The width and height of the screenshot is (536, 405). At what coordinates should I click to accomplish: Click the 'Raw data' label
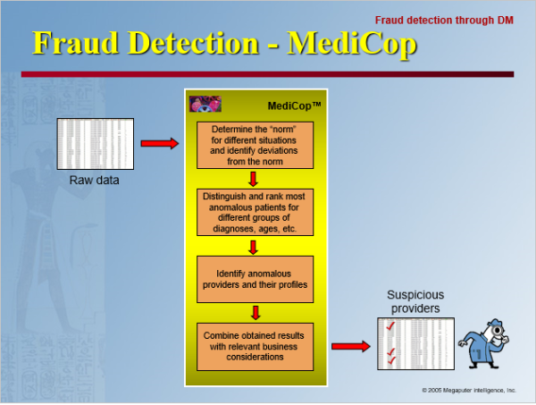click(x=94, y=181)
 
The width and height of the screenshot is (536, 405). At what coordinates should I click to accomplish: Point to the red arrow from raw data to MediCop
click(x=159, y=143)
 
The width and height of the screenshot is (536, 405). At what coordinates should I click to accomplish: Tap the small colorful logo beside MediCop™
click(x=205, y=103)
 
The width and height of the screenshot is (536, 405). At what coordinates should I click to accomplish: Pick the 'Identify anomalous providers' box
click(x=255, y=278)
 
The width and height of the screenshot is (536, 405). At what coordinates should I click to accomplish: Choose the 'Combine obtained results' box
click(x=255, y=346)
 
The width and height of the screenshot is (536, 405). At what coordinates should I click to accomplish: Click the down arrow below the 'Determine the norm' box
click(x=255, y=178)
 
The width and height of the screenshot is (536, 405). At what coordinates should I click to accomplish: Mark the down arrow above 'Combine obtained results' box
click(x=255, y=312)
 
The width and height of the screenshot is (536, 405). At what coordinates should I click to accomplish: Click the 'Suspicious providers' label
click(x=415, y=301)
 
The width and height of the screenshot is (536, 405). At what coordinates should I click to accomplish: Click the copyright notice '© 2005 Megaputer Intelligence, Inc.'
click(x=469, y=391)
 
